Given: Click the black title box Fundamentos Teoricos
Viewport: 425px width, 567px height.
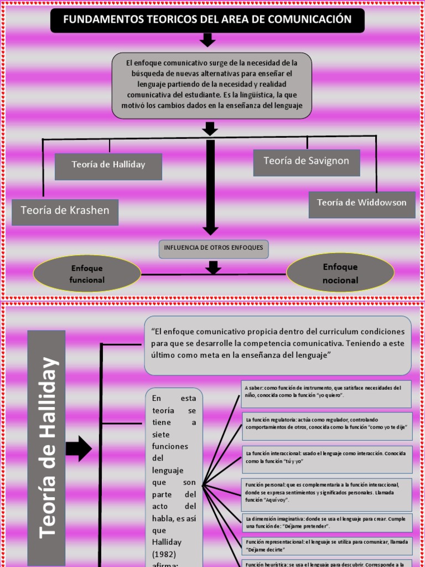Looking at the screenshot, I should click(x=208, y=20).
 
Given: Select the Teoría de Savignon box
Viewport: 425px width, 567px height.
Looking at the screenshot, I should click(x=307, y=162).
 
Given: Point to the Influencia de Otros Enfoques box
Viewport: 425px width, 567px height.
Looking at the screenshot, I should click(x=214, y=249).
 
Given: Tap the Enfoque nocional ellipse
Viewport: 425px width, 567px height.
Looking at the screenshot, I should click(x=340, y=274).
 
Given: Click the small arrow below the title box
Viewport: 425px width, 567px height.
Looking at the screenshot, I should click(x=208, y=40).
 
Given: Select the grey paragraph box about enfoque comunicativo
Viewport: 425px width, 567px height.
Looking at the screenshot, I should click(x=212, y=86).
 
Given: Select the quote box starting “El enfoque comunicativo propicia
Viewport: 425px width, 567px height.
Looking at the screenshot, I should click(x=278, y=345).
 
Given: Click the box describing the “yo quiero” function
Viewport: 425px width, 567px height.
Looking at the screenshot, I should click(x=326, y=393).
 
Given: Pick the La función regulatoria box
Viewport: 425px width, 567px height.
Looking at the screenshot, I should click(x=327, y=425).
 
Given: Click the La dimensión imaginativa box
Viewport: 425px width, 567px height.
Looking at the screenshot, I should click(x=327, y=522).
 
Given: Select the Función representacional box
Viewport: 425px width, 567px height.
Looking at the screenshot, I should click(x=327, y=545).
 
